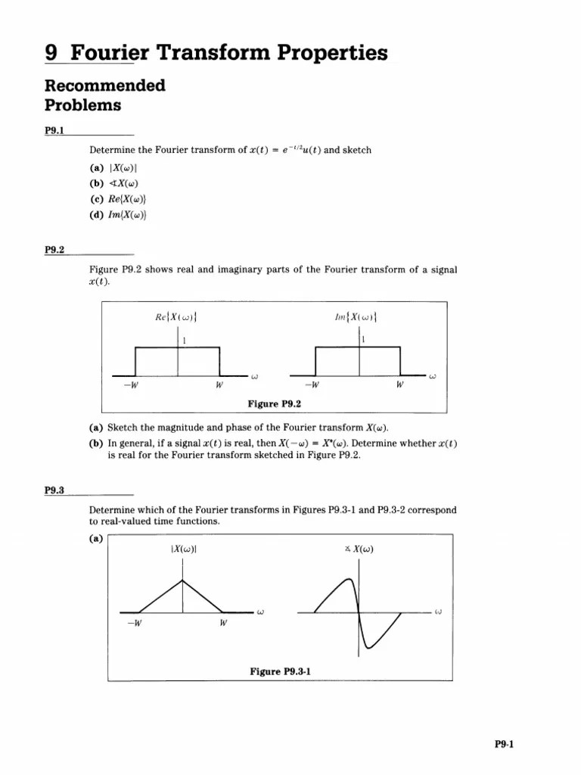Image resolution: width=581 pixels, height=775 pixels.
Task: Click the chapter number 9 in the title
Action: coord(51,53)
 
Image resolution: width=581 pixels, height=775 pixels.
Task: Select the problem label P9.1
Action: coord(54,130)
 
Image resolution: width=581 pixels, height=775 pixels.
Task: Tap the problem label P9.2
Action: coord(54,249)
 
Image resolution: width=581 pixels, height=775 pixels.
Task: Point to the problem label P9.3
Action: coord(54,490)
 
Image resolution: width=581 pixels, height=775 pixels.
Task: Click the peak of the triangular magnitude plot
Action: coord(182,580)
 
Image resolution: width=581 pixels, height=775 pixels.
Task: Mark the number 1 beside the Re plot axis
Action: coord(183,340)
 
